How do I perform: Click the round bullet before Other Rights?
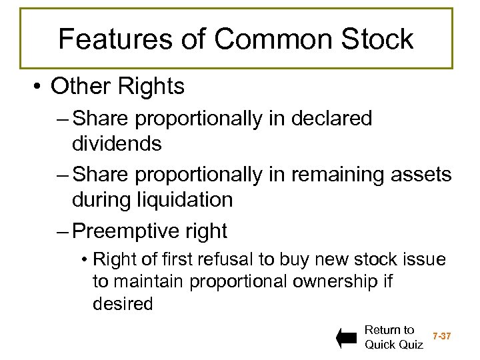(39, 87)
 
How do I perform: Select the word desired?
(123, 304)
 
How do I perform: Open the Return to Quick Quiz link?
(393, 337)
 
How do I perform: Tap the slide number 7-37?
(442, 337)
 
